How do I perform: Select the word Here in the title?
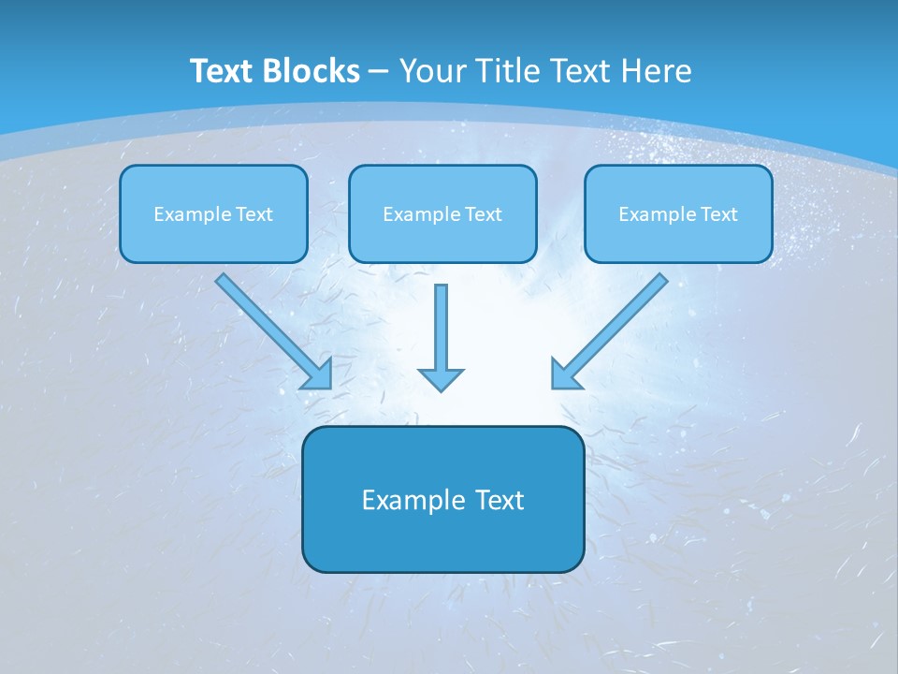coord(657,70)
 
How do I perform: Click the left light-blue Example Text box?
coord(213,213)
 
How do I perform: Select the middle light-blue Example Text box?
coord(442,213)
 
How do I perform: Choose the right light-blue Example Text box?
coord(679,213)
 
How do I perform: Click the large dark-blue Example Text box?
coord(443,499)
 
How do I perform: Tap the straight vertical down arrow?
coord(441,338)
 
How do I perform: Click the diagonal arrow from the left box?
coord(274,331)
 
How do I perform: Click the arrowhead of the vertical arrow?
coord(441,379)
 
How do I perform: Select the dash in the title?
coord(379,72)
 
